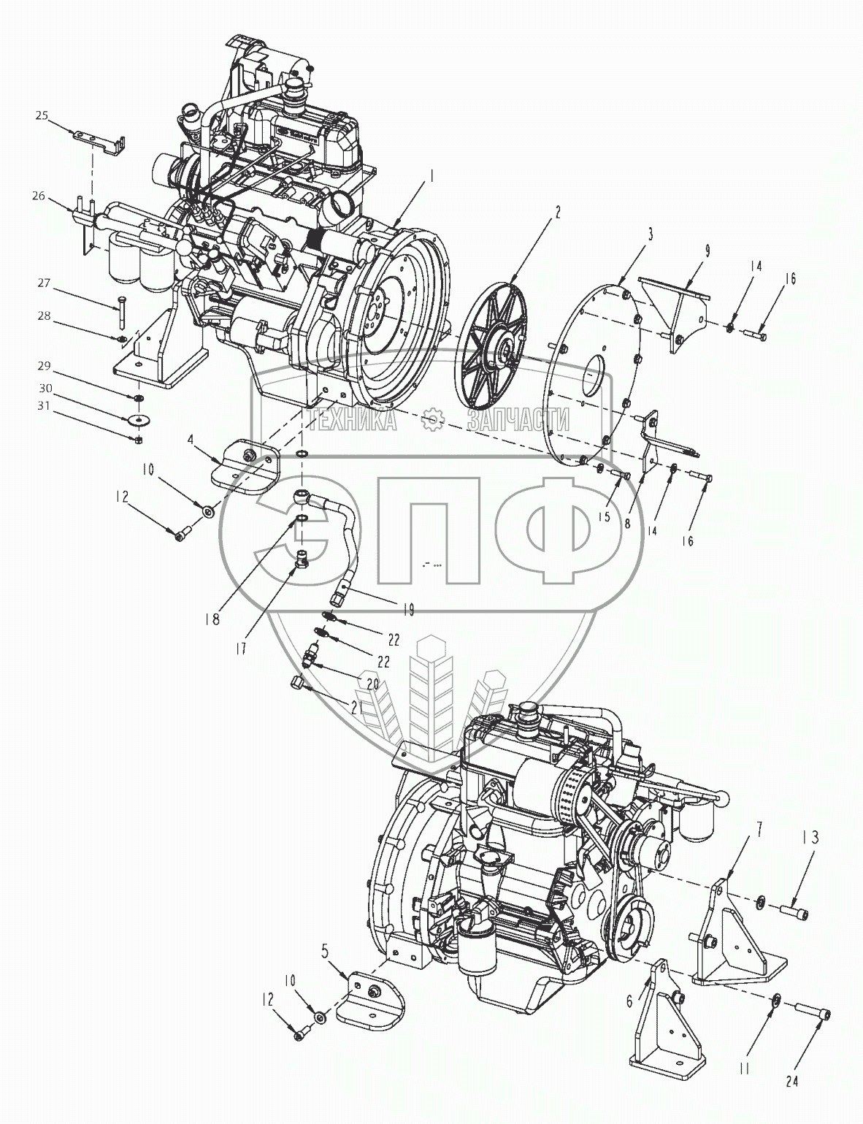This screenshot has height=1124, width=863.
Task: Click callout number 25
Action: pos(42,115)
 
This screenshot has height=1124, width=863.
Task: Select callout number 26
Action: pos(39,195)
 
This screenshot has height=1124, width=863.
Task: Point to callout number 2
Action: pos(557,213)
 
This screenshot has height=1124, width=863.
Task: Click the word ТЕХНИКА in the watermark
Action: pos(352,419)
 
